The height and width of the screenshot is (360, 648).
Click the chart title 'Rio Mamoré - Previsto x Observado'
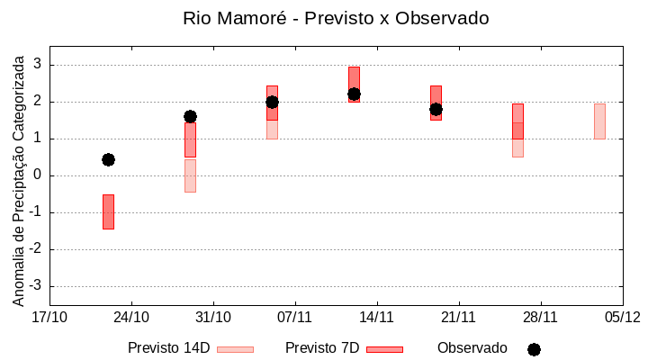(335, 18)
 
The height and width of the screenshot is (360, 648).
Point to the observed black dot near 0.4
(108, 159)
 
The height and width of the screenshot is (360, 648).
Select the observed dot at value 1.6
(190, 116)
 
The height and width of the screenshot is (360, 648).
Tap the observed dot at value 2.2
(354, 94)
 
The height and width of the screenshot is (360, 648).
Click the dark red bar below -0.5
(108, 211)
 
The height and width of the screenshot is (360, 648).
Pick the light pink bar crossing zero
(190, 175)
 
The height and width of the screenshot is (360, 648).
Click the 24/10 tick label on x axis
(131, 317)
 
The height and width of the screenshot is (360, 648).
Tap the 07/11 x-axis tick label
(295, 317)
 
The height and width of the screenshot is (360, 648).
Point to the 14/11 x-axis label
(377, 317)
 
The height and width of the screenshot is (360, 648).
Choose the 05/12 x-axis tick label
(622, 317)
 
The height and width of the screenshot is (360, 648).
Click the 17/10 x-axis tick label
(49, 317)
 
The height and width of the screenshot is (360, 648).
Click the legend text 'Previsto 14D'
(168, 347)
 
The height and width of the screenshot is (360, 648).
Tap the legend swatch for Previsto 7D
(384, 348)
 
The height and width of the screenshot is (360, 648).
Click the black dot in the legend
(534, 349)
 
